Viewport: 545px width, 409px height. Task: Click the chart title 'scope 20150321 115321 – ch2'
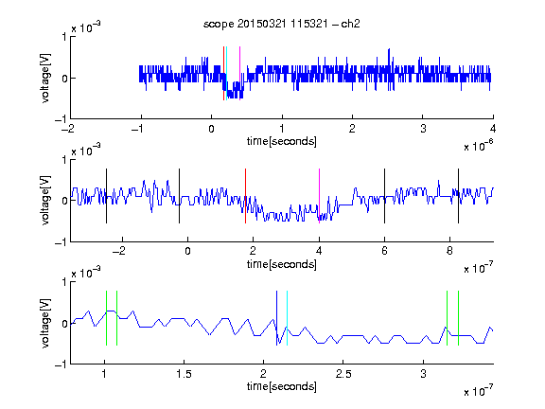tap(282, 24)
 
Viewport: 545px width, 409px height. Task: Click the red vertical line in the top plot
tap(224, 73)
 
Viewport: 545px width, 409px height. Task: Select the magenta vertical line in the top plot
tap(239, 73)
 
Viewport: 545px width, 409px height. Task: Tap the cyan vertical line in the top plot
tap(227, 73)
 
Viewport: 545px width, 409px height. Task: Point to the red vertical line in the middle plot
tap(245, 196)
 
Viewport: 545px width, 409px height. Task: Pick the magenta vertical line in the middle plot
tap(319, 196)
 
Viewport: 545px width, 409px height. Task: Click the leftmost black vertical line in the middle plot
tap(106, 196)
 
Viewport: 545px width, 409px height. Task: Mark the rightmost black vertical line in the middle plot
tap(458, 196)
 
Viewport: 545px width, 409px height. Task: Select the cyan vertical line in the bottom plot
tap(287, 318)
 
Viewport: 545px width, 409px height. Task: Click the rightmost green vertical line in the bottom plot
tap(459, 318)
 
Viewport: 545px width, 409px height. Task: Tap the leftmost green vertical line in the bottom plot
tap(106, 318)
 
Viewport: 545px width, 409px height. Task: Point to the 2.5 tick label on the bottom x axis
tap(343, 374)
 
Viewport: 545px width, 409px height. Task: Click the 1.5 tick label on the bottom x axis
tap(184, 374)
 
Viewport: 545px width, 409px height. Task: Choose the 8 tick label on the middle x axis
tap(449, 251)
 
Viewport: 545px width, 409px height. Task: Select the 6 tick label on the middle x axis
tap(384, 251)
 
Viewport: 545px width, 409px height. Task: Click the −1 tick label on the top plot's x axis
tap(137, 129)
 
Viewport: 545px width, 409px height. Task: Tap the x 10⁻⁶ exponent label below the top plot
tap(479, 146)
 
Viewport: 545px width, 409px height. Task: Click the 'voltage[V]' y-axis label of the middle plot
tap(45, 201)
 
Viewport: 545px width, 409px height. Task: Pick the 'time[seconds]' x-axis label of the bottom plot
tap(282, 386)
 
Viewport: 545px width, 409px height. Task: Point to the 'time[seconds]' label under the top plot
tap(282, 141)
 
